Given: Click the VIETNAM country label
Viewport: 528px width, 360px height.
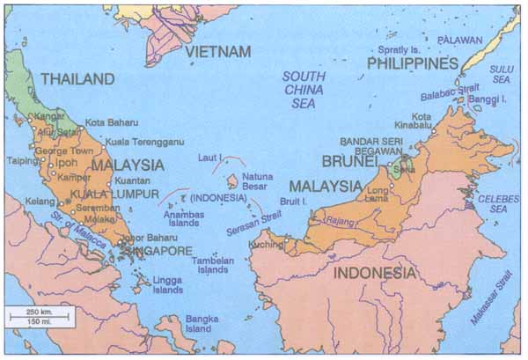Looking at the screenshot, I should coord(217,53).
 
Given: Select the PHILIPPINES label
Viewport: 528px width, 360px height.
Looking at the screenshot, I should coord(413,63).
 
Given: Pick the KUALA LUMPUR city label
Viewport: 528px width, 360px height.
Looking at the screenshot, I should coord(109,194).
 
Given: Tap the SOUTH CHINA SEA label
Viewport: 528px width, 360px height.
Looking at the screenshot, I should coord(304,89).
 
